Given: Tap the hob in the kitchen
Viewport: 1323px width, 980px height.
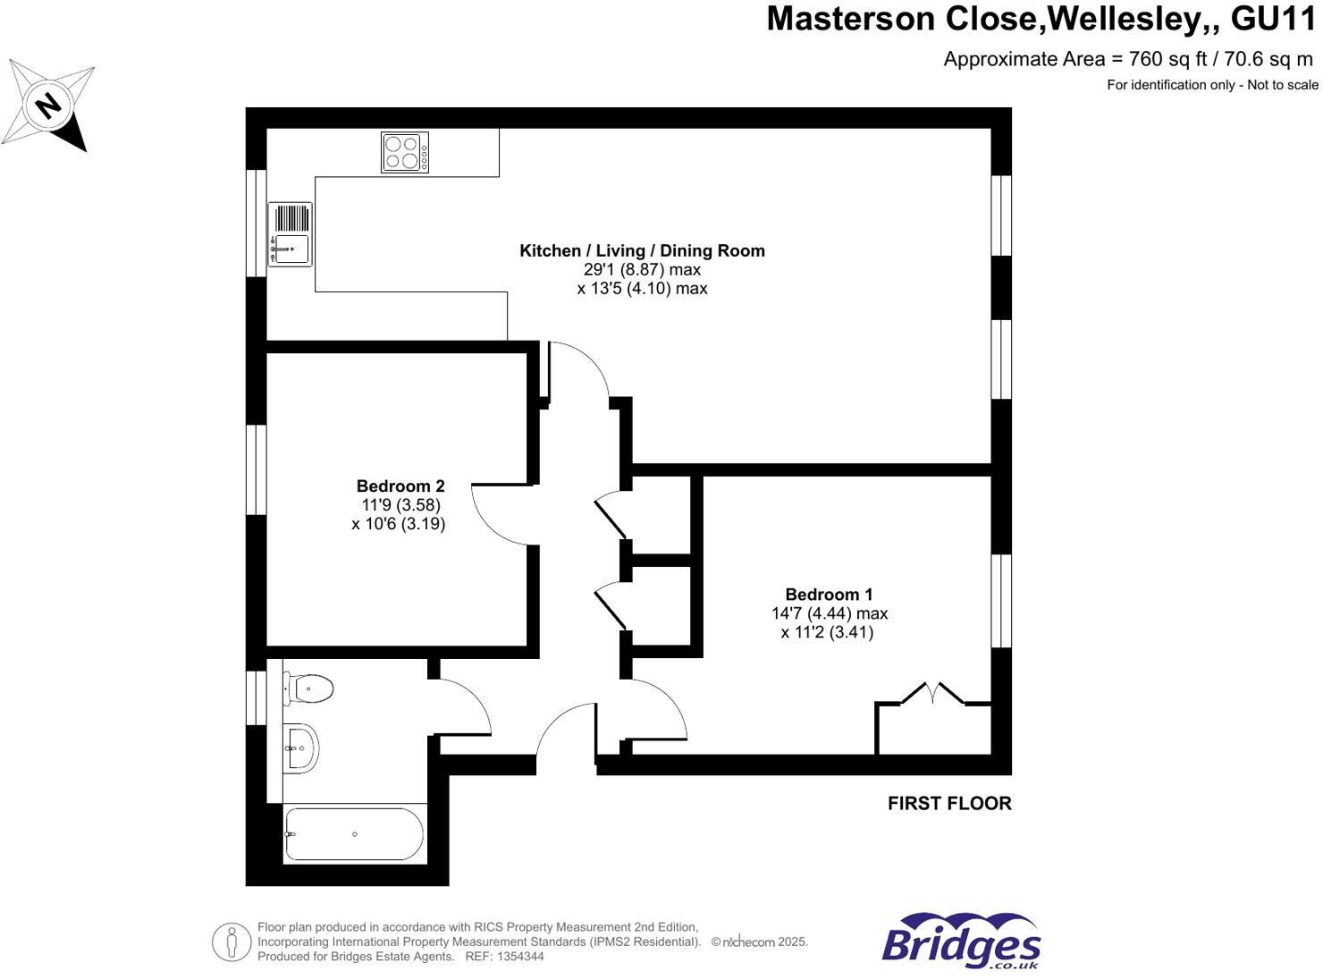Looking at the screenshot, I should coord(404,152).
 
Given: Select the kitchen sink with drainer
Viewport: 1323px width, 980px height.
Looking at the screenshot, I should coord(291,234).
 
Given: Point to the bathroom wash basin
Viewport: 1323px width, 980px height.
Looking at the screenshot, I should coord(301,748).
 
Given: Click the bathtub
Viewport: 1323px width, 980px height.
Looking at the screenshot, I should coord(354,834).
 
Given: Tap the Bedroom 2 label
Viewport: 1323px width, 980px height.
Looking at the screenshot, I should coord(400,486).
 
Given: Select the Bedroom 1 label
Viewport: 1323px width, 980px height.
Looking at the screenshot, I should coord(829,595).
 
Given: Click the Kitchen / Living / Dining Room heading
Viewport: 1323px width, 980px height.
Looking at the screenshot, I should coord(642,250).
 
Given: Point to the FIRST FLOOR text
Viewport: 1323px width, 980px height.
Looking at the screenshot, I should coord(949,803).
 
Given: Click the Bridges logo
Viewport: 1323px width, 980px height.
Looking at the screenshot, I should coord(961,942).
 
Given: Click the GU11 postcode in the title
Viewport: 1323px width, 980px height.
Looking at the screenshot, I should coord(1273,19).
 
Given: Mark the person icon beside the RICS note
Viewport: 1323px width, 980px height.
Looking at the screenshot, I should coord(232,942).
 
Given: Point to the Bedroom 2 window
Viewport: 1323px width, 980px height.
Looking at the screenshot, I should coord(257,469).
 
